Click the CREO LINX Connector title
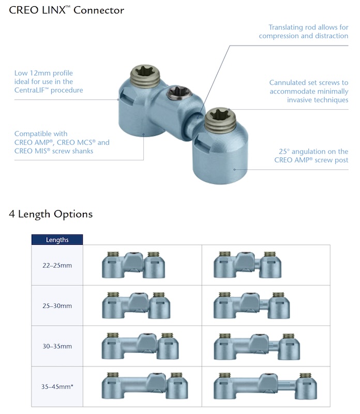[x=66, y=10]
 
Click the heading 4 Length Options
[x=51, y=214]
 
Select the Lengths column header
[x=57, y=240]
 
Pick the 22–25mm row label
[x=57, y=265]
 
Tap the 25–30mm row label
[x=57, y=306]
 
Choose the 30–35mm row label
[x=57, y=346]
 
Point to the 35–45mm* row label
[x=57, y=386]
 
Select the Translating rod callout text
[x=304, y=31]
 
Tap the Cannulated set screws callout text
[x=309, y=91]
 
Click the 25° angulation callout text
[x=311, y=156]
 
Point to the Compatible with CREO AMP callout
[x=62, y=142]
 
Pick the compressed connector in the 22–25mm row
[x=133, y=265]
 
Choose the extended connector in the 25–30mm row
[x=252, y=306]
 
